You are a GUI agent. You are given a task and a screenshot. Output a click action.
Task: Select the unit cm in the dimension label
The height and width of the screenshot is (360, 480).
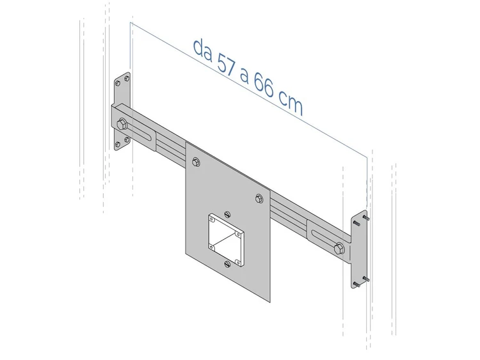pos(291,104)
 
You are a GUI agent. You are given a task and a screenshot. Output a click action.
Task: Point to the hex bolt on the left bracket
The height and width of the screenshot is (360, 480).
pos(122,124)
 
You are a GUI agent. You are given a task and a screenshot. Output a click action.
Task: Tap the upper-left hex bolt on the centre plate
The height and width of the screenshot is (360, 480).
pos(196,162)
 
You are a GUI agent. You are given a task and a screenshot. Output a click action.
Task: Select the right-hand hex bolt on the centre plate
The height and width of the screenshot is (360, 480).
pos(259,199)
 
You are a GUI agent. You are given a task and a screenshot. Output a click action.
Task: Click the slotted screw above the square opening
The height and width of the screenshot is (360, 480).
pos(227,214)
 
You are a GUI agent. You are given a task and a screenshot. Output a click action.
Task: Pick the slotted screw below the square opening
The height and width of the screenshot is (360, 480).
pos(227,264)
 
